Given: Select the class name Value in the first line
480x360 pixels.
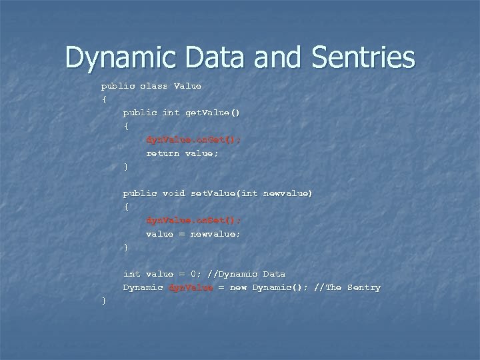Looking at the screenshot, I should coord(187,87).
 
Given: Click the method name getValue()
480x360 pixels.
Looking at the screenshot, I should coord(215,113).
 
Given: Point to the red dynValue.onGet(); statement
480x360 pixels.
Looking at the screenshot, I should coord(193,140).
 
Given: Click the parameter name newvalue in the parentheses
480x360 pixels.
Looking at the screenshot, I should coord(285,193).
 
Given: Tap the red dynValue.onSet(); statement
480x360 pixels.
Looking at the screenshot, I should coord(193,221).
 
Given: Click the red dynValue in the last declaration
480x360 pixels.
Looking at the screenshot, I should coord(191,287).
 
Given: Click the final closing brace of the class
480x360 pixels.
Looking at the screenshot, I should coord(103,301).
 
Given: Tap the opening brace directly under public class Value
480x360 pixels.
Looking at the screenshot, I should coord(103,100).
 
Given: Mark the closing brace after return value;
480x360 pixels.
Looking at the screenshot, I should coord(125,167).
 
